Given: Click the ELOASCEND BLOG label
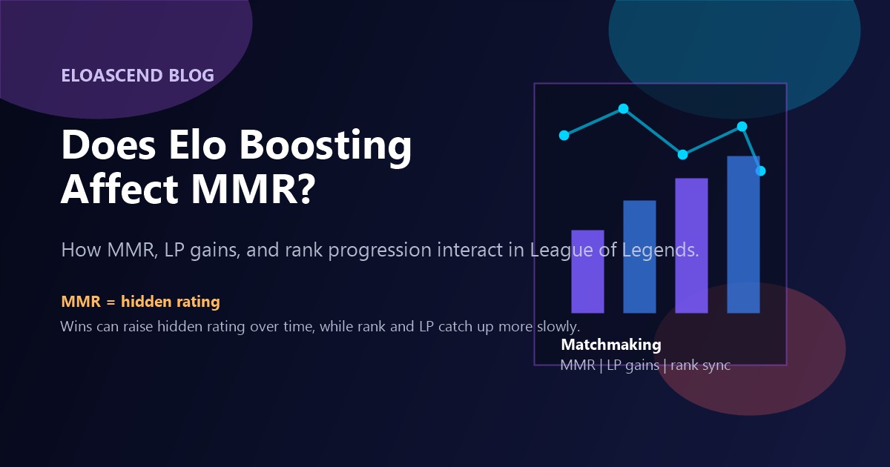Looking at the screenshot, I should [137, 75].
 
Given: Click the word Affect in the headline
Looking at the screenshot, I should [119, 190].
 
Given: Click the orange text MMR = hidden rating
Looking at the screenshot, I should [140, 302].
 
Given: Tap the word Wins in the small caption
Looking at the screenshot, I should [75, 326].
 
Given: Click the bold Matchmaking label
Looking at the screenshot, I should [610, 345].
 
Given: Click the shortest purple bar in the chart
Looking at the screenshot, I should [587, 271].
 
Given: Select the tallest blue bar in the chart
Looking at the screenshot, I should [743, 234].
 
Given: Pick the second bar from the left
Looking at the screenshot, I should [639, 256].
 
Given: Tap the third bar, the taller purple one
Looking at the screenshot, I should [691, 245].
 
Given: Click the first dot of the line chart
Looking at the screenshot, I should [564, 135].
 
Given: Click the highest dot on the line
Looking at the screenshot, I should [623, 109].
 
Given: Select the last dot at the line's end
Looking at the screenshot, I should [760, 171].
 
